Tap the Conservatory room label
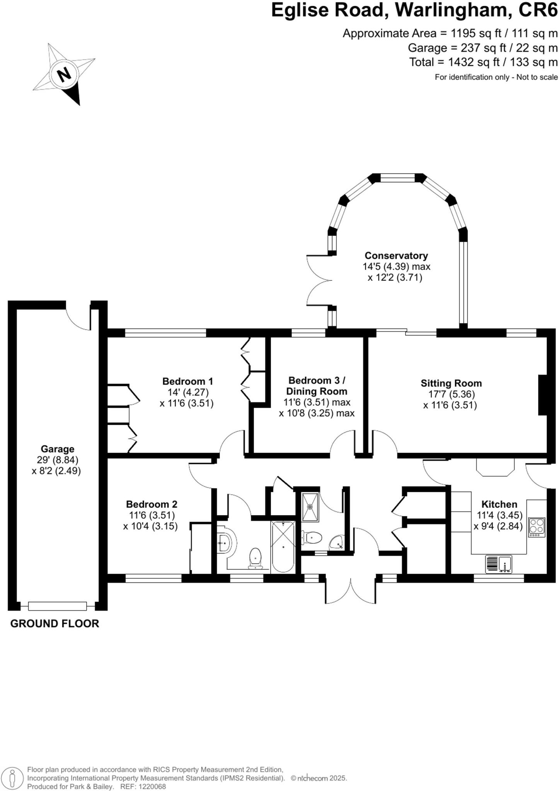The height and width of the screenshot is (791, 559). [x=396, y=256]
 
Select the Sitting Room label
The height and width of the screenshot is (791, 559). [x=451, y=384]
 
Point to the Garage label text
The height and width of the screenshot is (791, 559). [x=58, y=449]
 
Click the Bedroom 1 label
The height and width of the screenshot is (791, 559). [x=187, y=381]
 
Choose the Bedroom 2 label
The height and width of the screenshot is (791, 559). [x=152, y=504]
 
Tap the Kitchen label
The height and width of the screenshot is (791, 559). [x=499, y=504]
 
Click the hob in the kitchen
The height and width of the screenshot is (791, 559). [x=537, y=527]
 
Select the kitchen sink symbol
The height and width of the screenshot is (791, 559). [x=499, y=564]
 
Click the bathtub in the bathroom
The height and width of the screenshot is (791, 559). [x=283, y=547]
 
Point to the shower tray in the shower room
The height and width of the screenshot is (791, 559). [x=310, y=507]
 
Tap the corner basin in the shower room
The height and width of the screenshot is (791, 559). [x=337, y=542]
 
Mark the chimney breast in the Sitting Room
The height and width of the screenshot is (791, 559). [x=543, y=395]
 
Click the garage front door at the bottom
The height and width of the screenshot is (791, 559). [x=57, y=606]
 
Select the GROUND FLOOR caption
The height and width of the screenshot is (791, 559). [x=55, y=623]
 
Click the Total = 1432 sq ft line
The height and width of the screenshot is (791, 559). [x=484, y=62]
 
